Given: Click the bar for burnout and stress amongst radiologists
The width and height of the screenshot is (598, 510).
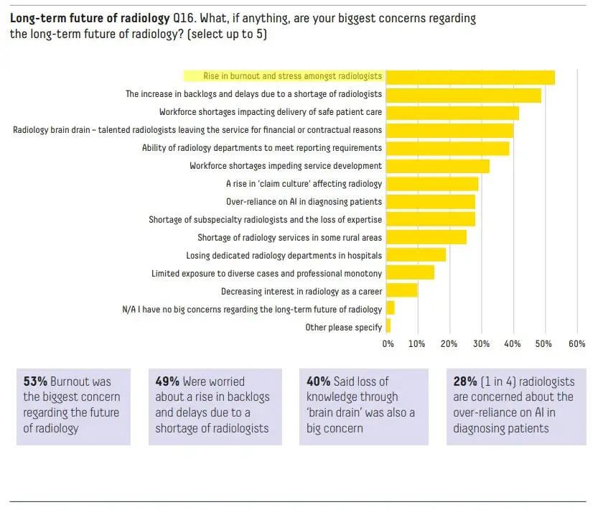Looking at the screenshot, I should click(x=470, y=77).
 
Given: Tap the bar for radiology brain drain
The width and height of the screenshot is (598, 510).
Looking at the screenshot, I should click(x=450, y=130).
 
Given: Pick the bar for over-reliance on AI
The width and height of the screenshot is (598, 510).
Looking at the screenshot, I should click(x=431, y=202).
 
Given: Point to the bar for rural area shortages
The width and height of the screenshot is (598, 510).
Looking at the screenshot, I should click(x=426, y=237).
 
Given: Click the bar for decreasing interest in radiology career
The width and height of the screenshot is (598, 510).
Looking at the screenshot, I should click(x=402, y=290).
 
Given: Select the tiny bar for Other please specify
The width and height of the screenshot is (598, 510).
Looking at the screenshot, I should click(x=388, y=326).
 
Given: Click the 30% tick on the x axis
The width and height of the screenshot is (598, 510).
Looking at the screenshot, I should click(x=481, y=344).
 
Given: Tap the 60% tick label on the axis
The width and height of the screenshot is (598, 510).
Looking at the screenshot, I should click(x=576, y=344).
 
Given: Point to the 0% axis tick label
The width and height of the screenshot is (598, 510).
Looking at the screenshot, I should click(x=388, y=344).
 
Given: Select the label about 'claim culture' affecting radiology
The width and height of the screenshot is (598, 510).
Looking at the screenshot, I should click(x=304, y=184).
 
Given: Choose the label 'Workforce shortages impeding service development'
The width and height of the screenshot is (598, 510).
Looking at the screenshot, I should click(x=285, y=166).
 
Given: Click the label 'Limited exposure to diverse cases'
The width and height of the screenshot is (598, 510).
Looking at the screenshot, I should click(x=266, y=273).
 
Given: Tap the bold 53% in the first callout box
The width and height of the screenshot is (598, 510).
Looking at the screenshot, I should click(x=36, y=381).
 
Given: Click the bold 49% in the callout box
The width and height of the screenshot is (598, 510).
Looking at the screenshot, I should click(x=167, y=381).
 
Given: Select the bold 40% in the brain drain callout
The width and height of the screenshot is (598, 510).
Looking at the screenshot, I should click(x=318, y=381).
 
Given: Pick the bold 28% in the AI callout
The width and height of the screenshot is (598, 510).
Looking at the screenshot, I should click(x=465, y=381).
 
